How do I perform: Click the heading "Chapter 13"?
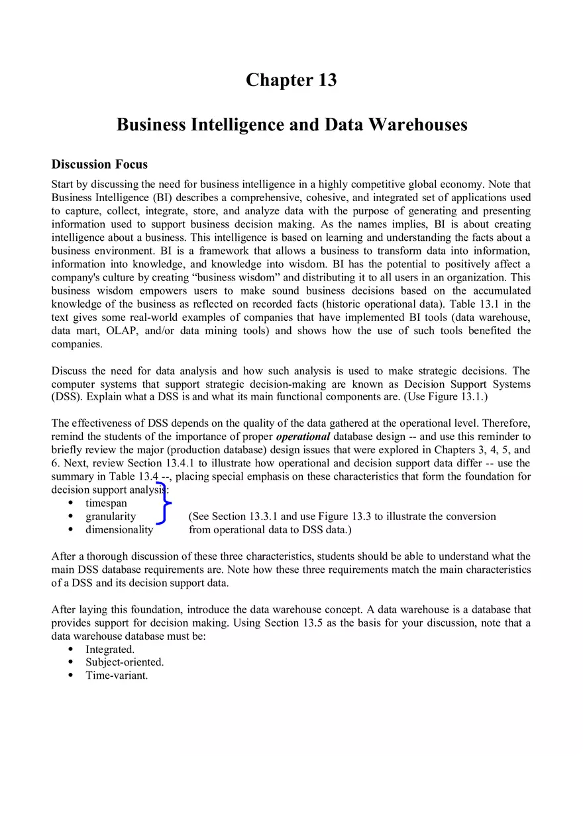pos(291,80)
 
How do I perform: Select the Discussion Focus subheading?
pos(99,164)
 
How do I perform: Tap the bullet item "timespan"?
pos(106,503)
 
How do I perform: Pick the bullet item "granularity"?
pos(110,517)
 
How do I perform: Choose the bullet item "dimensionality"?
pos(119,530)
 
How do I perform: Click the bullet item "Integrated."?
pos(109,650)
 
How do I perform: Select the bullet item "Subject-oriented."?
pos(124,662)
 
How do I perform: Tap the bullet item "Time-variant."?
pos(116,675)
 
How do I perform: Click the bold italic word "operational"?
pos(303,437)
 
